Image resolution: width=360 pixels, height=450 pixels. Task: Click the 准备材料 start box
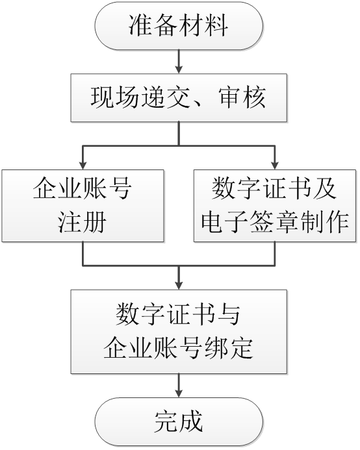[179, 25]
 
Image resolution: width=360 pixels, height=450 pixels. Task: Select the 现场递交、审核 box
[179, 97]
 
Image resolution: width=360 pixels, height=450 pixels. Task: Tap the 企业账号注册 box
[83, 206]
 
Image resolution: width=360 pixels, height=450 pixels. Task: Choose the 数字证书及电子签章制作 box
[275, 206]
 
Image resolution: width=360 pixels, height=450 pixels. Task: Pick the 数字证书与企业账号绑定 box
[179, 331]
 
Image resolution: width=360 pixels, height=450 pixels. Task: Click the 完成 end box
[179, 422]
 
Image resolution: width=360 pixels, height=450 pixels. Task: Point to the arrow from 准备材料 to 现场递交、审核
[179, 62]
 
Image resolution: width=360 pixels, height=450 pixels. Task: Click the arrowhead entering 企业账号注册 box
[83, 166]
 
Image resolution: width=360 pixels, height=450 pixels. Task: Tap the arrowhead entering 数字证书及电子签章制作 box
[275, 166]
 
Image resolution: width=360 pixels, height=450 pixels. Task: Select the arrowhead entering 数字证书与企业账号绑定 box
[179, 286]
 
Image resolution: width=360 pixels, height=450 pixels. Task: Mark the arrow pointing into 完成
[179, 386]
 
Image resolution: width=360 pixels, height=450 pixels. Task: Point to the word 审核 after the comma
[242, 97]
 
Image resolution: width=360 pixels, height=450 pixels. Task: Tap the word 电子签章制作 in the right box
[275, 222]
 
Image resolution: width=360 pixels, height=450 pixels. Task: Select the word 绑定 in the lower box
[229, 349]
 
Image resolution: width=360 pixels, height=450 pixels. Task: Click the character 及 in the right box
[325, 188]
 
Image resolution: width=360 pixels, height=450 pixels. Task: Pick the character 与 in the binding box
[229, 314]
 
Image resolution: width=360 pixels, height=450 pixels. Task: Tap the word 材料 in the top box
[203, 25]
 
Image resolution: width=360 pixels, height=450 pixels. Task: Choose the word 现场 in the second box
[114, 97]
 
